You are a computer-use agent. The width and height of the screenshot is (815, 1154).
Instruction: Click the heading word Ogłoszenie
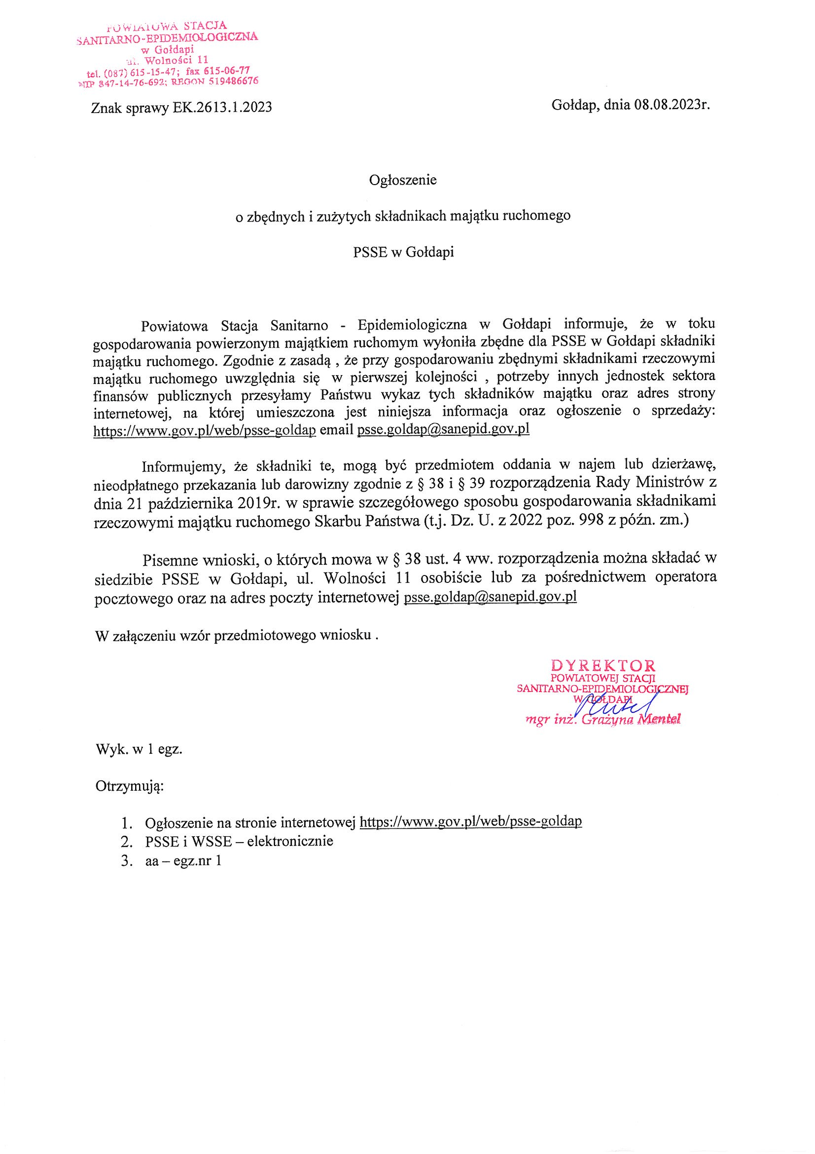403,180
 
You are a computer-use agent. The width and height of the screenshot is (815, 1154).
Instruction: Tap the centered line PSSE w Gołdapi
403,252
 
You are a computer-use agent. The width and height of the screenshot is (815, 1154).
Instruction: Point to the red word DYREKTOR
603,665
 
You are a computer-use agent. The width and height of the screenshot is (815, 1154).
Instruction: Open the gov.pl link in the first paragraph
205,431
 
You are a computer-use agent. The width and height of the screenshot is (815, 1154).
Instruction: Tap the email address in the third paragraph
490,598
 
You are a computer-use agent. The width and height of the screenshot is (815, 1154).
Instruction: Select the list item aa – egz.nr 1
183,860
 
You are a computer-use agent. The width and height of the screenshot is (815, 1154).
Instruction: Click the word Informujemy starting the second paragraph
184,466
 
